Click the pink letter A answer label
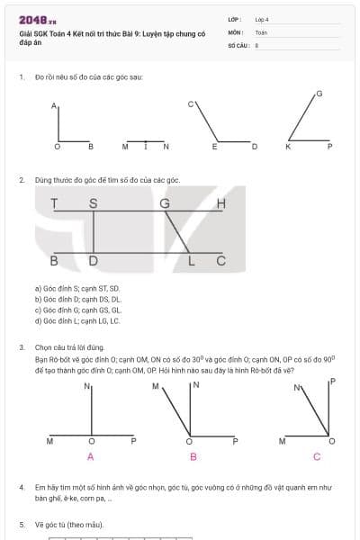click(x=90, y=456)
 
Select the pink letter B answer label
click(x=193, y=456)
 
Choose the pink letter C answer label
click(x=316, y=456)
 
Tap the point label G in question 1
click(x=319, y=94)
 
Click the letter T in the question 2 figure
click(x=55, y=204)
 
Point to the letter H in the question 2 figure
click(x=221, y=204)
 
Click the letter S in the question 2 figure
click(x=93, y=204)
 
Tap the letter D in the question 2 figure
click(x=93, y=262)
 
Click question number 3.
click(x=22, y=346)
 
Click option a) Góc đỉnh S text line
click(x=76, y=288)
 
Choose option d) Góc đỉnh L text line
click(x=76, y=320)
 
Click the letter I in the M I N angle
click(x=145, y=146)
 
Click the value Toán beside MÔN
click(x=262, y=31)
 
